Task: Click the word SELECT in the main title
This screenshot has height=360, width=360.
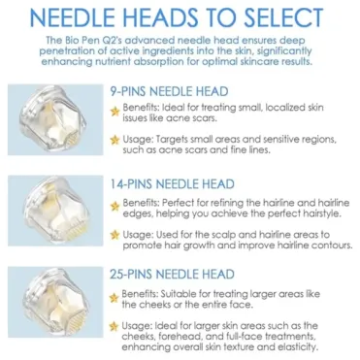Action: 283,17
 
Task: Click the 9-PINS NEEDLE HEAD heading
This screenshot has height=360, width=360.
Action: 169,91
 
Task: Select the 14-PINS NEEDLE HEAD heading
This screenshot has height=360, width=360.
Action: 172,184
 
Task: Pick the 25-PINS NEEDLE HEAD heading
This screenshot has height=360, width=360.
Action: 172,275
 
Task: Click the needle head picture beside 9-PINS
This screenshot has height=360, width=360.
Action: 55,119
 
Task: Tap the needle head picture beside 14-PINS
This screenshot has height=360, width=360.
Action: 55,211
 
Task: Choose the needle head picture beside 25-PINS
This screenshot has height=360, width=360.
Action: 55,302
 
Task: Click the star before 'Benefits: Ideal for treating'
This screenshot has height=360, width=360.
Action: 115,112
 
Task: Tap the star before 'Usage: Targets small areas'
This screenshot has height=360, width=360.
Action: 115,140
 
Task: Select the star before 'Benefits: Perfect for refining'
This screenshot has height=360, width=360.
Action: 115,206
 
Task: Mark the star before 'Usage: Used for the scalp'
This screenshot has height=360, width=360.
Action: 115,235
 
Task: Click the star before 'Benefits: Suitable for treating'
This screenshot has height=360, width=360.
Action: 114,298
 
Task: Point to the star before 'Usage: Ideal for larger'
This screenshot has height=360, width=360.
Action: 114,326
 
